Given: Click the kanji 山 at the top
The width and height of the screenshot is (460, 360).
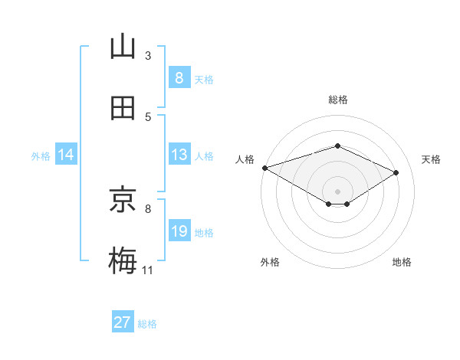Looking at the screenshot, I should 123,47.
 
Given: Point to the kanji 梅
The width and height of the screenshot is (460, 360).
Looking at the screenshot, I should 123,260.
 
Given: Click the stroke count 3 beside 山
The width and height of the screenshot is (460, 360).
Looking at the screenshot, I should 148,55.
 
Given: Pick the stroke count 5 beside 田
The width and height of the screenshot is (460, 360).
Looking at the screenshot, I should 148,116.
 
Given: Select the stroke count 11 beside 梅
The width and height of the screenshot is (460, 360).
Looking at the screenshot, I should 148,270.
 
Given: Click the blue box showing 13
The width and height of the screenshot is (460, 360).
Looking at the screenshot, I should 179,155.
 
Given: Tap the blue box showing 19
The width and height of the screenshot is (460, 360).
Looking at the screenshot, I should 179,231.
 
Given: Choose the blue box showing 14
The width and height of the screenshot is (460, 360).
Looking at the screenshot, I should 66,155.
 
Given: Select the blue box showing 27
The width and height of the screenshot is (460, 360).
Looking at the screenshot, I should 123,322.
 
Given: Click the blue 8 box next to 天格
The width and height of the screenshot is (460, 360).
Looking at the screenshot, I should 179,78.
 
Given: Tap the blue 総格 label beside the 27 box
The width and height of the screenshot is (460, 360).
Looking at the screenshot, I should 147,324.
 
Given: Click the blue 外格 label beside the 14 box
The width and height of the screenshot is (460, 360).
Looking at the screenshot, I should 41,155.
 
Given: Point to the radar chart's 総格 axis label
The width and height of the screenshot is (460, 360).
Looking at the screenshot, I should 338,100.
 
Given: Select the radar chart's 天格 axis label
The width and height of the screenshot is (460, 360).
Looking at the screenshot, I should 432,159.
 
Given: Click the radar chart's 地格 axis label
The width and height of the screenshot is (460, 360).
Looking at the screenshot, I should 402,262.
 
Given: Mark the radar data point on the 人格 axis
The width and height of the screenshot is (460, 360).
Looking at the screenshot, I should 264,168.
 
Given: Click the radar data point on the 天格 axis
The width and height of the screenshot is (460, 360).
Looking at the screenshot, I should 396,172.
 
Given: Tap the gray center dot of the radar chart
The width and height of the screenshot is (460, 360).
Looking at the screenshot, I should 337,191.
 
